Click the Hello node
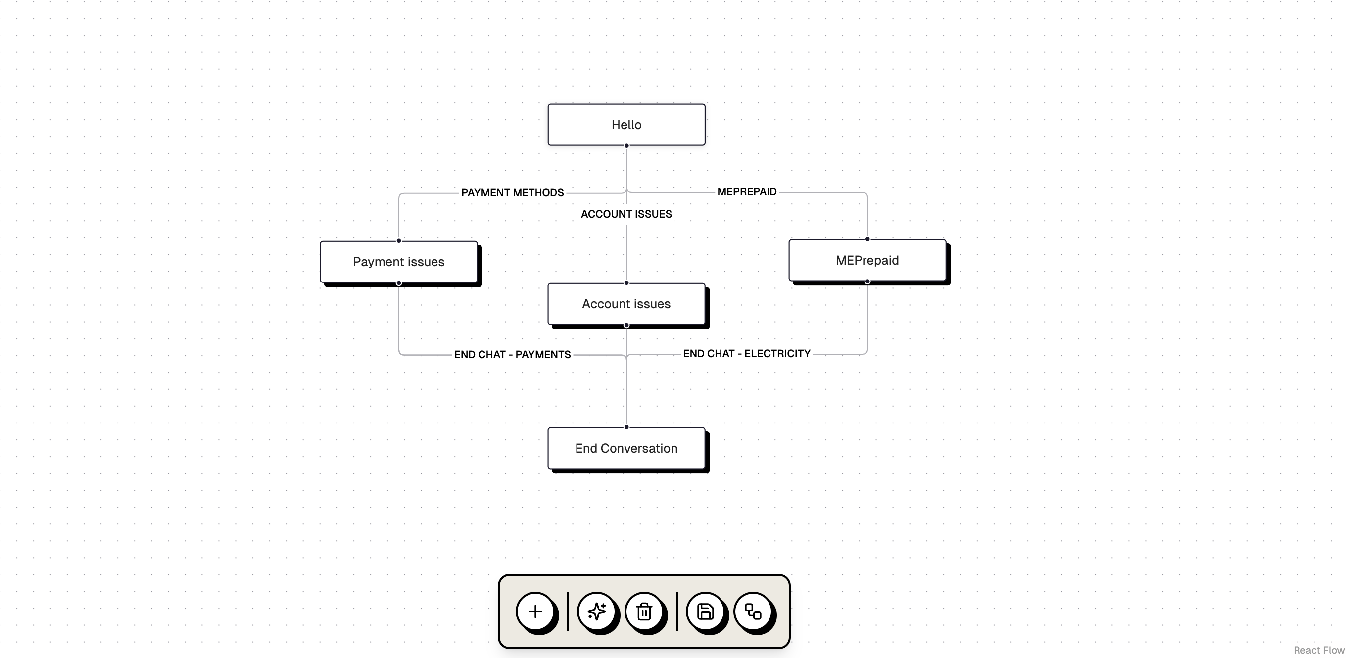tap(626, 125)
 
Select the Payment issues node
tap(398, 262)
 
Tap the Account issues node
tap(626, 304)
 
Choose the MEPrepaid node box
tap(867, 261)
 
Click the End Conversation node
tap(626, 448)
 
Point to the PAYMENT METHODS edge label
tap(512, 193)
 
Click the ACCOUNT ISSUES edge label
tap(626, 214)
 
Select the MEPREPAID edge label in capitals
tap(747, 191)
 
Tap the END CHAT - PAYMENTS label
tap(512, 355)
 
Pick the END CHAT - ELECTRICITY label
tap(747, 354)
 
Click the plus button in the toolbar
tap(534, 611)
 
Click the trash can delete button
tap(644, 611)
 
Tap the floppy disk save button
tap(705, 611)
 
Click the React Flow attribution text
tap(1318, 650)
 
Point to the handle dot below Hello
tap(626, 145)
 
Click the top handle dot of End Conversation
tap(626, 427)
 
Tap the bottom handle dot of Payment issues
tap(399, 283)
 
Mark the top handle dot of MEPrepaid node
tap(867, 239)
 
